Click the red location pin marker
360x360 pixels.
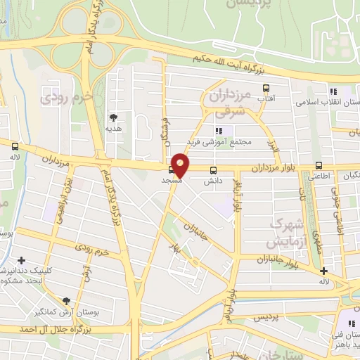pos(181,165)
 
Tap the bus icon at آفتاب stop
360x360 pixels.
pos(266,89)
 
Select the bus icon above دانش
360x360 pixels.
pos(214,170)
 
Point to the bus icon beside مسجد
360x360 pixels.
pos(172,170)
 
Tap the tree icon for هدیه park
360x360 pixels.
pos(112,117)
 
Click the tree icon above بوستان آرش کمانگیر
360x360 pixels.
pos(66,300)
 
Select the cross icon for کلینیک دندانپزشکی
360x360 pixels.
pos(21,260)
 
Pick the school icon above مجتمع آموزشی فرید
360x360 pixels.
pos(219,131)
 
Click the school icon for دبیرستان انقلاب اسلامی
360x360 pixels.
pos(333,91)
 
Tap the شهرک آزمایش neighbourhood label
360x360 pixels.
pos(285,233)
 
